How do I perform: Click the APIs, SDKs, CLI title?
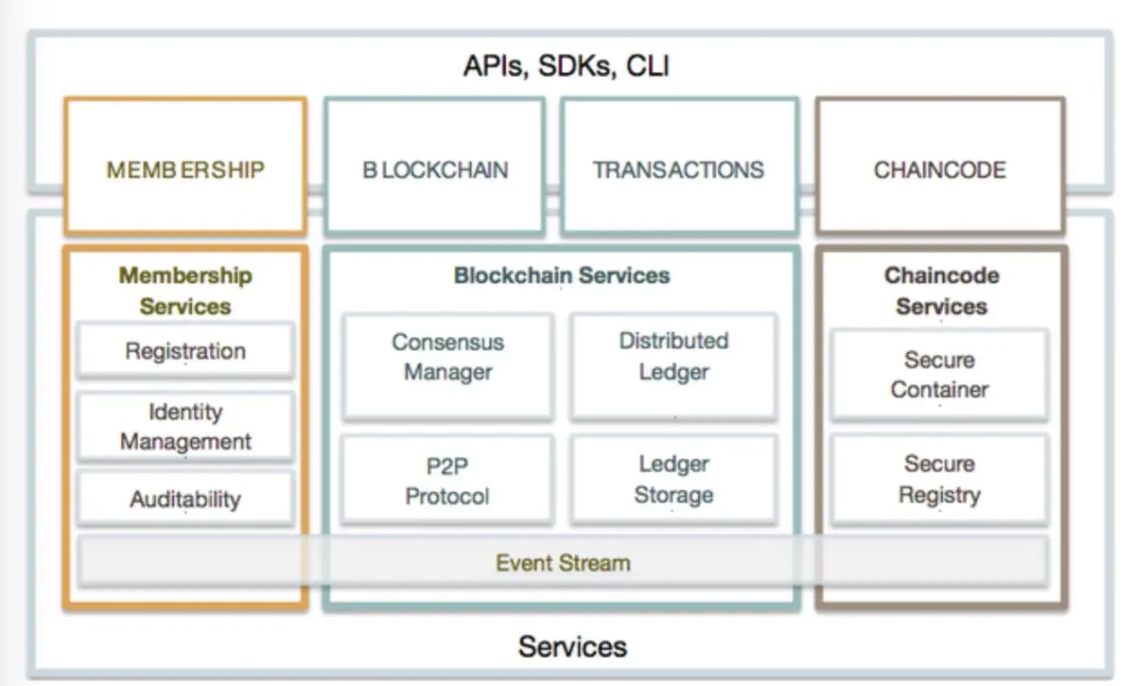567,66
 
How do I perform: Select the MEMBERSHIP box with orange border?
185,167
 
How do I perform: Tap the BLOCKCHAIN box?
435,167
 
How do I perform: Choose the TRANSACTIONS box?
679,167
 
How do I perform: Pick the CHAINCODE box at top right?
940,167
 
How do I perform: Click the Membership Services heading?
185,291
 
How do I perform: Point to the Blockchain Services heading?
562,275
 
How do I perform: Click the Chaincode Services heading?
941,291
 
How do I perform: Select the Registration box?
185,350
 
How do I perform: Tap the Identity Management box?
185,427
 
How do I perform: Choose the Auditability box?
185,499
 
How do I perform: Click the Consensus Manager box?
447,366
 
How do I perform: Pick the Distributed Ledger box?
673,366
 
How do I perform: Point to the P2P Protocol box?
447,480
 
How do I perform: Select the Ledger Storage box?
673,480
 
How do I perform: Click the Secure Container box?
939,375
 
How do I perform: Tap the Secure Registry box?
939,480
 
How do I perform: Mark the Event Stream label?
563,563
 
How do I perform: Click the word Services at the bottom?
572,646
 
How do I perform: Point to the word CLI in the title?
648,66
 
